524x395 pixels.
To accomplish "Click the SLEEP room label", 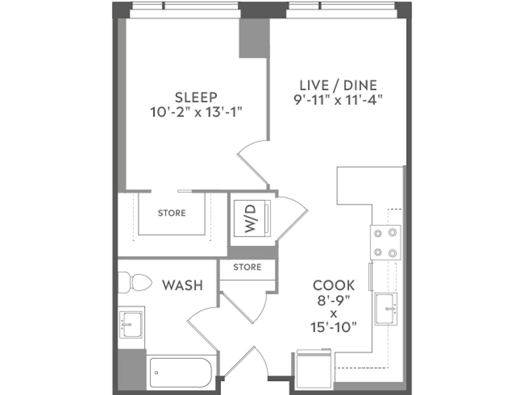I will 196,97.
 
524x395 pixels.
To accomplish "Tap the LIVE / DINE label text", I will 338,85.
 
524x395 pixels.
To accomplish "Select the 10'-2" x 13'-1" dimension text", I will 196,112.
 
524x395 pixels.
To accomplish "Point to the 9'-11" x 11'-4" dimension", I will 338,100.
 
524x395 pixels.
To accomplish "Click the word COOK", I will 334,286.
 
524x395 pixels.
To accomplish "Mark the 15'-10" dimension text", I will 334,327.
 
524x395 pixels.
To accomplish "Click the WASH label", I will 182,285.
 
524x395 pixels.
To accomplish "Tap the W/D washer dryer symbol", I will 252,218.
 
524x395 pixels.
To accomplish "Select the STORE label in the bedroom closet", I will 172,213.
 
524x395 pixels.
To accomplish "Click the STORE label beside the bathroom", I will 247,267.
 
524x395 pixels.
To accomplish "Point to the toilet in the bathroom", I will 135,283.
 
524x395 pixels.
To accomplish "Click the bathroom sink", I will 131,325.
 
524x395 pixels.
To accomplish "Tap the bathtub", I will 181,373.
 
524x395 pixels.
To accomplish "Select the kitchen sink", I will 386,309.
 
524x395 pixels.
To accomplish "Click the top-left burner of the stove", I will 378,233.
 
